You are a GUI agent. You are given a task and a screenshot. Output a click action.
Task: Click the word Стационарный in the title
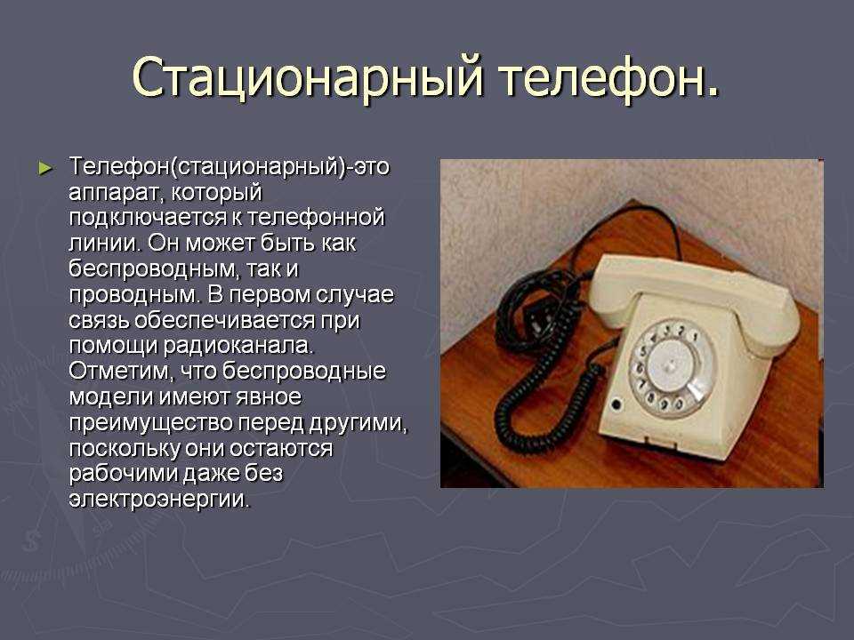(308, 76)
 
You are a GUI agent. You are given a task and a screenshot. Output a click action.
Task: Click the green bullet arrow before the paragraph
(45, 168)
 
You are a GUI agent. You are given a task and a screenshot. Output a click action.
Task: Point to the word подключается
(147, 218)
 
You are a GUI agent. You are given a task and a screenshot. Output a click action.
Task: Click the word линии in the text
(104, 243)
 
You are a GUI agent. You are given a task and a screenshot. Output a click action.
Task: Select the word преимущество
(150, 423)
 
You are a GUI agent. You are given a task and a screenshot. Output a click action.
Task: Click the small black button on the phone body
(616, 404)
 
